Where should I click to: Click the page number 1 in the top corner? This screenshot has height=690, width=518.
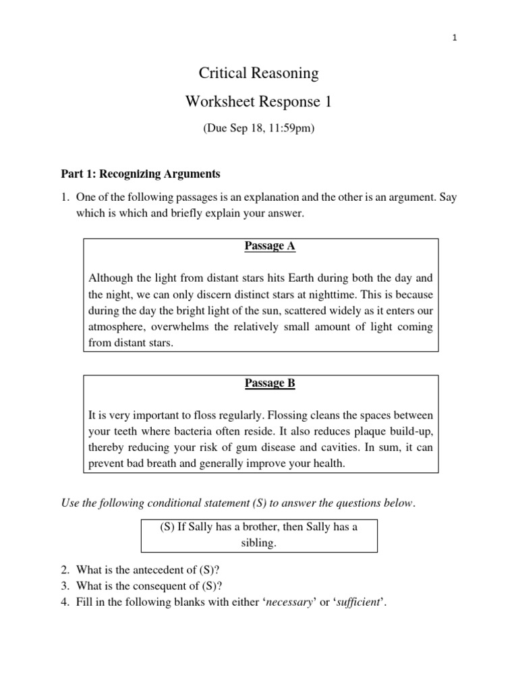[455, 38]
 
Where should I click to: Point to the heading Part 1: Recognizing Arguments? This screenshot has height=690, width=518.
[141, 174]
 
